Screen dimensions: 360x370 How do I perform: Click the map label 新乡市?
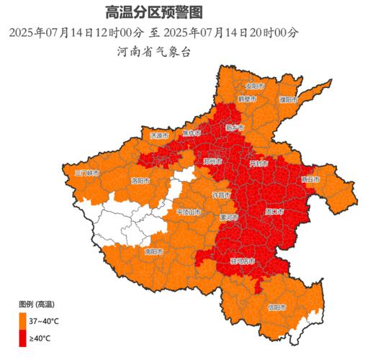click(235, 127)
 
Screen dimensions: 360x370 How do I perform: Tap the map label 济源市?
click(158, 135)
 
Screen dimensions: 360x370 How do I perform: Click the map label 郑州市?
click(214, 161)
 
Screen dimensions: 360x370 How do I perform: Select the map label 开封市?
click(259, 164)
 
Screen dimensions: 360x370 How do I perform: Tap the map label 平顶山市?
click(189, 212)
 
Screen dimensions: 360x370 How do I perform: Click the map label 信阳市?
click(277, 307)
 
